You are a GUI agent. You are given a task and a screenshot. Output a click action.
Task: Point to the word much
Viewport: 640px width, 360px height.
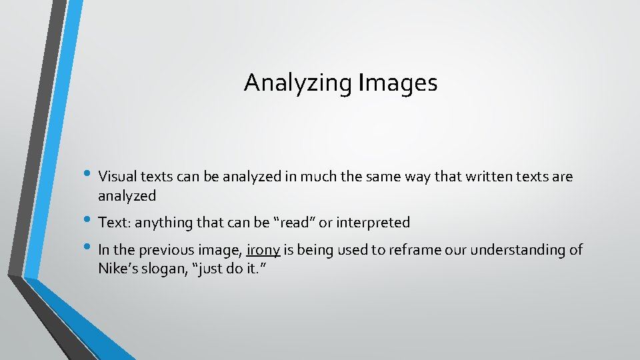pyautogui.click(x=319, y=177)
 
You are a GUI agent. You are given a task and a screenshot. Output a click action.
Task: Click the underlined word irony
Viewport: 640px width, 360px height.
pyautogui.click(x=263, y=251)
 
